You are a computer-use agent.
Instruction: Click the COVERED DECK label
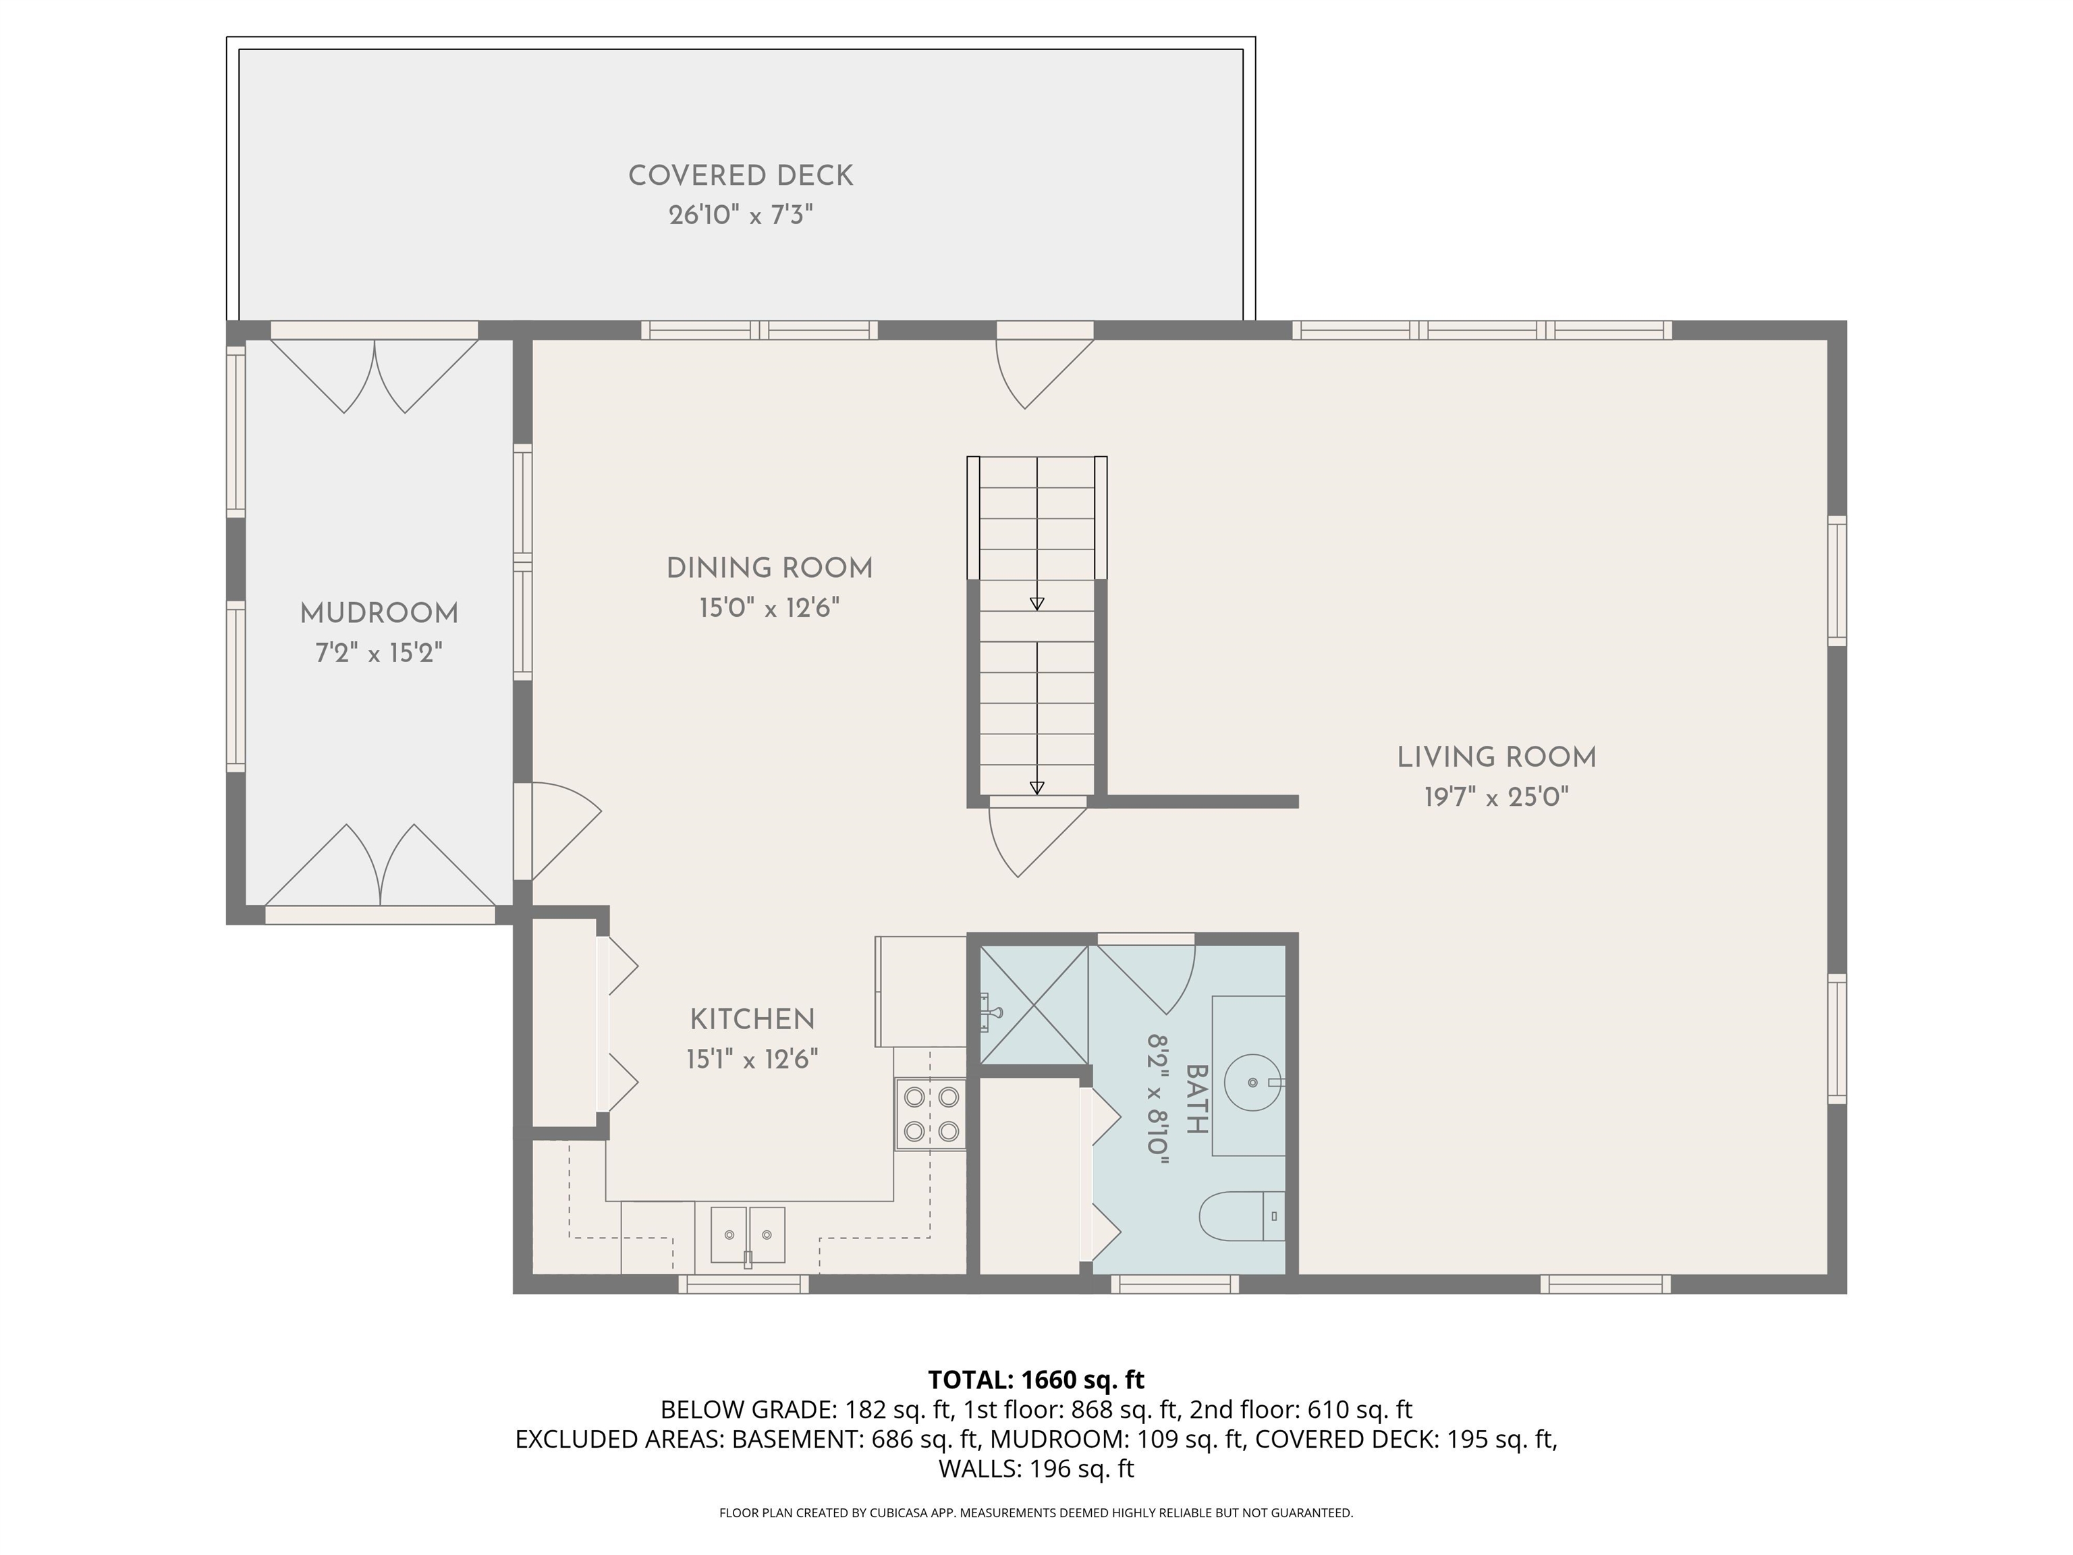pos(740,176)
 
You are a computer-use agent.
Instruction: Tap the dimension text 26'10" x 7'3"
pos(740,215)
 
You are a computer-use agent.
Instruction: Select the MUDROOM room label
pos(379,614)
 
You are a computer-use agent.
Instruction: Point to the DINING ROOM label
pos(769,568)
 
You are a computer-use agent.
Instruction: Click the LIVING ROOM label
pos(1497,757)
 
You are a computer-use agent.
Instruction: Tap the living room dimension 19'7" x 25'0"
pos(1497,798)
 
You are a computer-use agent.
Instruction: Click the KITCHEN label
pos(752,1019)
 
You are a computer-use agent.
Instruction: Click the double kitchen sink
pos(747,1235)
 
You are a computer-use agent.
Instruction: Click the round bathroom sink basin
pos(1253,1082)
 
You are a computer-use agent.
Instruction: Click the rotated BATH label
pos(1196,1099)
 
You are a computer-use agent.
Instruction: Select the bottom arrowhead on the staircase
pos(1036,788)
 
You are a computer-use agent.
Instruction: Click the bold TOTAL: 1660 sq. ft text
pos(1036,1380)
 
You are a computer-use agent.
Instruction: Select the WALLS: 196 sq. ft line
pos(1036,1469)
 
